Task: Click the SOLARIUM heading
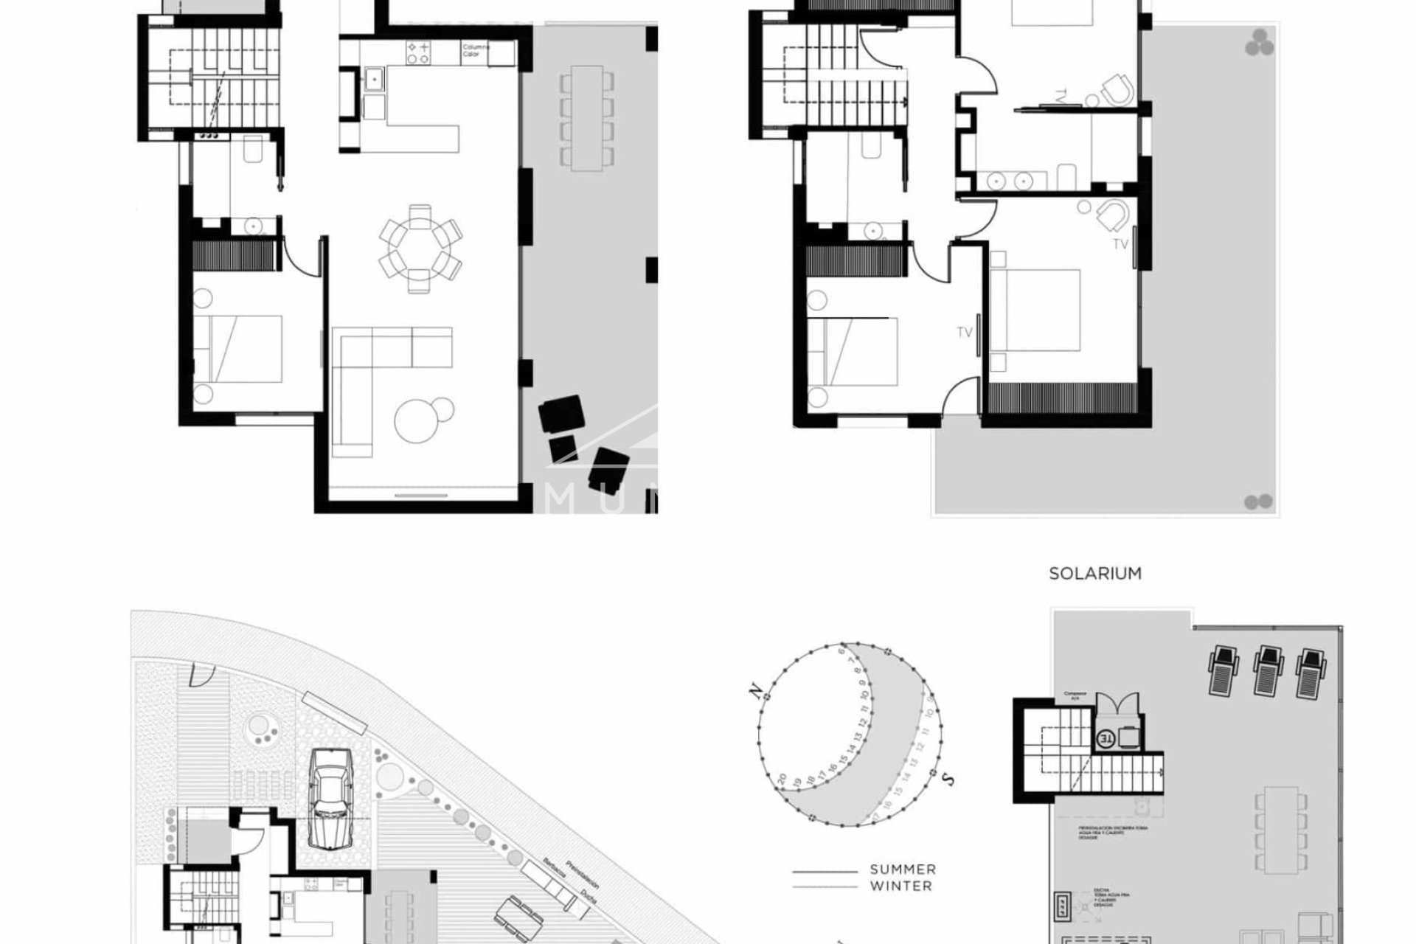tap(1095, 573)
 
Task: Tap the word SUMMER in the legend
tap(903, 870)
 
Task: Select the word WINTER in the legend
tap(900, 886)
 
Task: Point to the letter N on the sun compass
tap(754, 690)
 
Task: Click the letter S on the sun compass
tap(950, 777)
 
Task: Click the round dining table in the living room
tap(420, 249)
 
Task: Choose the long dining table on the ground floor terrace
tap(586, 117)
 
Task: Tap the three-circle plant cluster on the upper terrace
tap(1260, 43)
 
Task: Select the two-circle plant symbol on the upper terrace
tap(1258, 502)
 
